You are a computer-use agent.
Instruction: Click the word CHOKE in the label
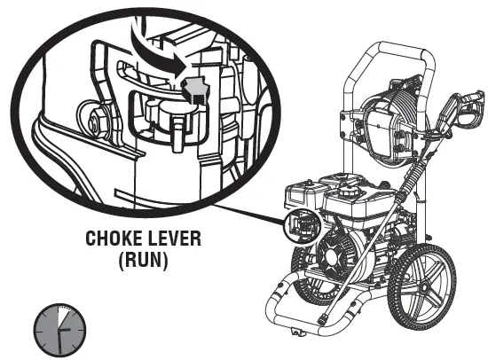pyautogui.click(x=114, y=239)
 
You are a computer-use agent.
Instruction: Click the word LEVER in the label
pyautogui.click(x=175, y=239)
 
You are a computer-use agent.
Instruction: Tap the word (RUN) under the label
pyautogui.click(x=143, y=260)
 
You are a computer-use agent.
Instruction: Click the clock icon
pyautogui.click(x=59, y=330)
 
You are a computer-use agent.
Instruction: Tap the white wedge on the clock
pyautogui.click(x=63, y=316)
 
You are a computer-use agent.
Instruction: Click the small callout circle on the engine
pyautogui.click(x=303, y=224)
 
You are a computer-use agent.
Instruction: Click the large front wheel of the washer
pyautogui.click(x=422, y=288)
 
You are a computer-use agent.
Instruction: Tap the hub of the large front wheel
pyautogui.click(x=423, y=289)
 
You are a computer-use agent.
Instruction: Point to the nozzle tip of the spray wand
pyautogui.click(x=322, y=319)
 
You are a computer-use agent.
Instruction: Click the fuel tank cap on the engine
pyautogui.click(x=346, y=191)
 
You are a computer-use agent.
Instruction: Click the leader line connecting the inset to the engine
pyautogui.click(x=249, y=215)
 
